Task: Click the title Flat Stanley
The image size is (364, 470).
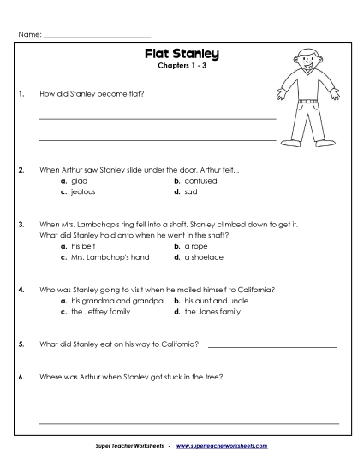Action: (182, 55)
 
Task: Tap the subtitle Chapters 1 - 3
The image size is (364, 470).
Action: (182, 67)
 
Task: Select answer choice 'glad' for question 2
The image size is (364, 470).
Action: (79, 181)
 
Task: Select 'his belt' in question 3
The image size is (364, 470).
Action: (83, 245)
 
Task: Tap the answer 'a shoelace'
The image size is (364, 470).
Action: (203, 256)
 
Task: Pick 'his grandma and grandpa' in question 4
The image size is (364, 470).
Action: (108, 301)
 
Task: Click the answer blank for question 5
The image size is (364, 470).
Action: (272, 345)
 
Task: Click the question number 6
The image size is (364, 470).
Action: (21, 377)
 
